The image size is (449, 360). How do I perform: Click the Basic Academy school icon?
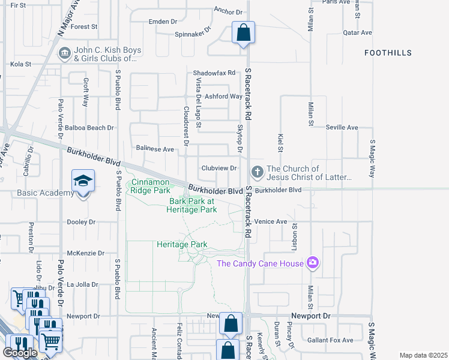click(83, 181)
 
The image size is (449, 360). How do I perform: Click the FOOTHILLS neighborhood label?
click(388, 53)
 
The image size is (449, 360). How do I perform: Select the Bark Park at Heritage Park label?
click(193, 205)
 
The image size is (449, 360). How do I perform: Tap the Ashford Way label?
click(223, 96)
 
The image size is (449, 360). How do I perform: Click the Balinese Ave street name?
click(154, 149)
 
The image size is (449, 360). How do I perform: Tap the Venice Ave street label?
click(271, 221)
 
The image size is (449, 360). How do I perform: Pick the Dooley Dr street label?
click(81, 222)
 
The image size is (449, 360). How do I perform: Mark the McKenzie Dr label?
click(86, 253)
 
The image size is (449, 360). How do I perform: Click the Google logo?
click(20, 353)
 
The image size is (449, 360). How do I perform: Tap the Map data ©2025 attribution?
click(423, 355)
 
